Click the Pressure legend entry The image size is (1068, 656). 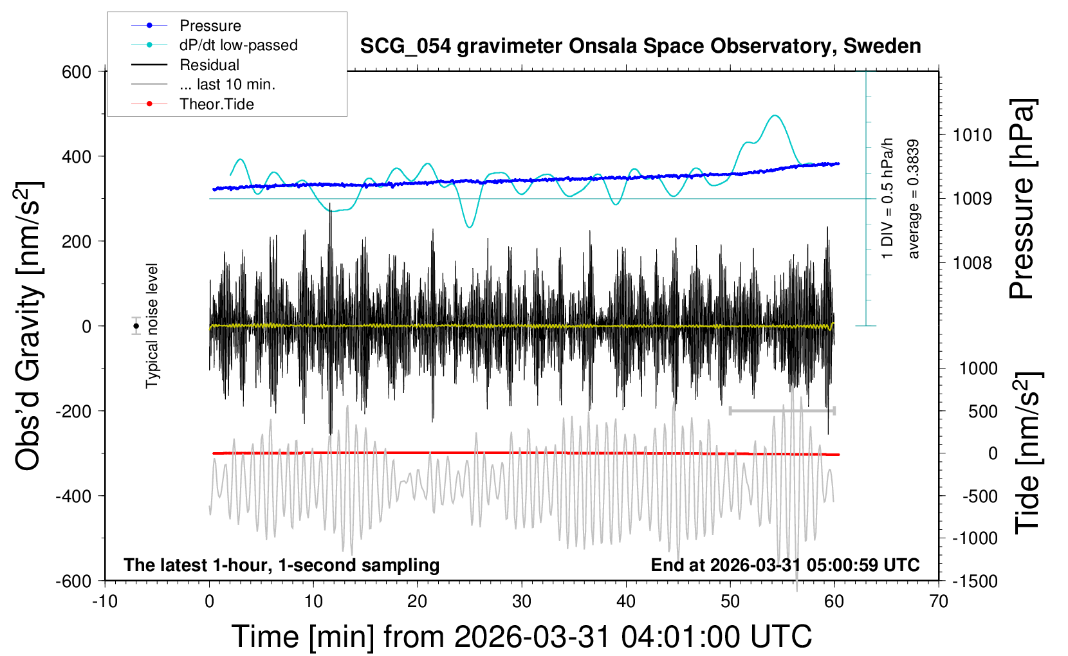tap(210, 26)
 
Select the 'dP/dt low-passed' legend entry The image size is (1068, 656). tap(238, 45)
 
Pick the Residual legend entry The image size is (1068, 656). tap(209, 65)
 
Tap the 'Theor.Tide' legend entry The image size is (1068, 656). tap(216, 104)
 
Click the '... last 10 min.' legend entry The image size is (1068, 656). tap(227, 84)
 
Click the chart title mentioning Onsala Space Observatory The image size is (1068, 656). tap(640, 46)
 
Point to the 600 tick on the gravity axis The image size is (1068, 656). tap(77, 72)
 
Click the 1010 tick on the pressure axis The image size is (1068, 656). tap(972, 135)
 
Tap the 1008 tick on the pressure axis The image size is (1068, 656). tap(972, 262)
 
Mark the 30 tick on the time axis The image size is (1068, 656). tap(522, 602)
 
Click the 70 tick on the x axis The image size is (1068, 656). tap(939, 602)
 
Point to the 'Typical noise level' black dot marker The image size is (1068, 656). tap(136, 326)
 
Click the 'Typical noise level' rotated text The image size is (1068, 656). tap(152, 326)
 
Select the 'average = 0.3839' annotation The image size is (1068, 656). tap(914, 199)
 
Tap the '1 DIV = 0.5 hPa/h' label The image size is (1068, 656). tap(888, 198)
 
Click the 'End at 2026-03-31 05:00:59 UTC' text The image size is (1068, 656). tap(785, 565)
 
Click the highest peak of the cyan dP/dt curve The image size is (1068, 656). tap(775, 116)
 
